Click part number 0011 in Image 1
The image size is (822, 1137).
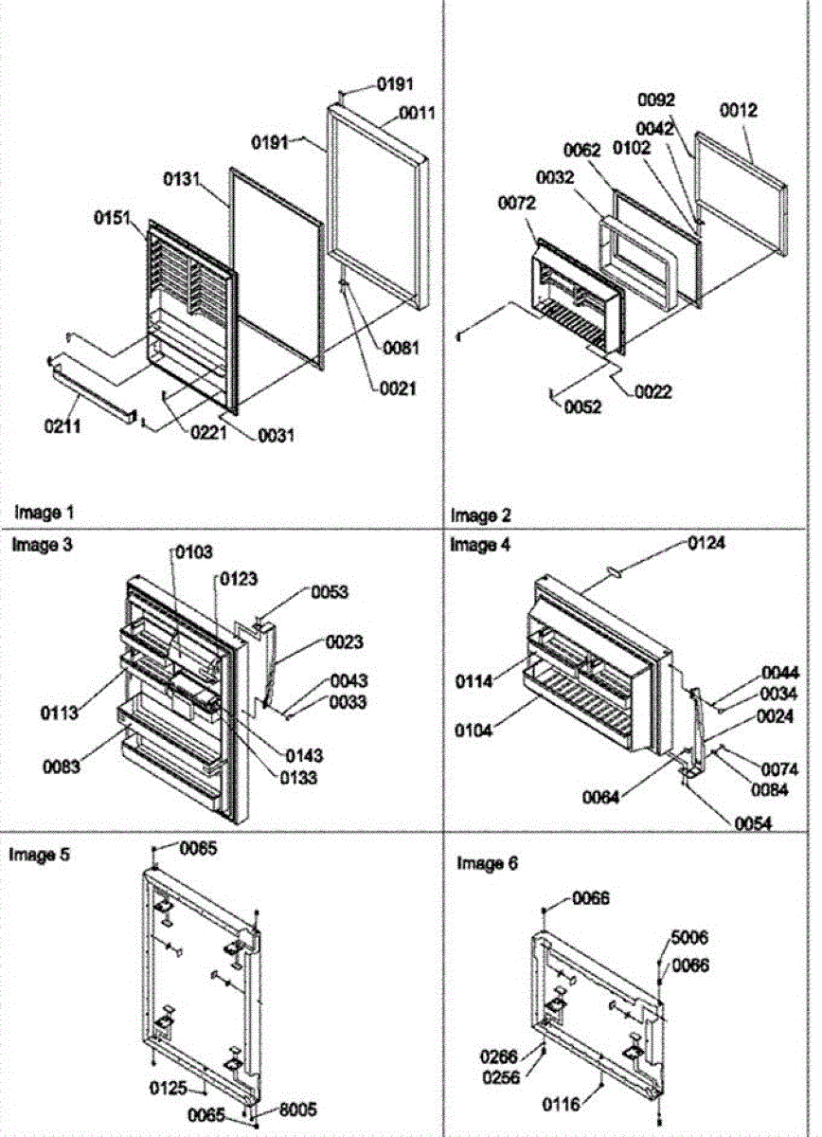pyautogui.click(x=416, y=113)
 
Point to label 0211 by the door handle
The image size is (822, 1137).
pyautogui.click(x=61, y=426)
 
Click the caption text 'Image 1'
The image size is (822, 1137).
pyautogui.click(x=43, y=513)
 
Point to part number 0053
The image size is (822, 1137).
pyautogui.click(x=329, y=592)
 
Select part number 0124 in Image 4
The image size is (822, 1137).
pyautogui.click(x=706, y=544)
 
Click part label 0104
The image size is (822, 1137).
pyautogui.click(x=498, y=732)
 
